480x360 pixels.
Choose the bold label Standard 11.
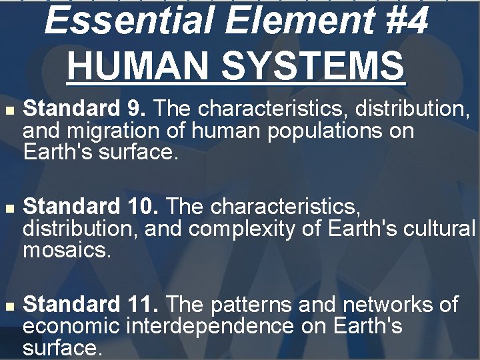click(91, 305)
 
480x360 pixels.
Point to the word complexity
click(256, 230)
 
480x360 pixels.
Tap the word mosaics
click(65, 251)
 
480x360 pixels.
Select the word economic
click(71, 327)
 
